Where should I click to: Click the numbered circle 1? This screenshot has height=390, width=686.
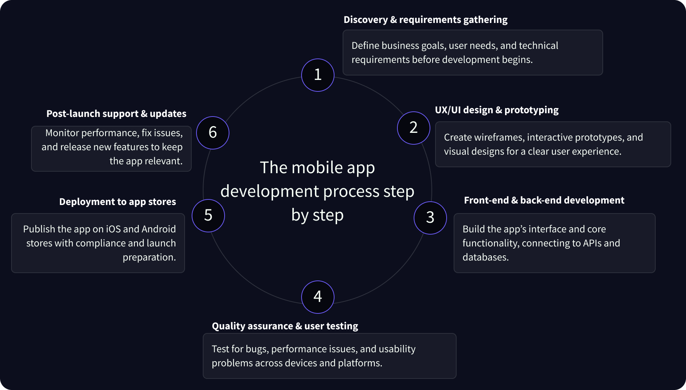click(x=318, y=75)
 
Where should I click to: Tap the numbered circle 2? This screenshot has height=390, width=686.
click(x=414, y=128)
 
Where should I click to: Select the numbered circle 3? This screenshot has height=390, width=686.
click(x=430, y=218)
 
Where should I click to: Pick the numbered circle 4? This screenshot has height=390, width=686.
click(x=318, y=297)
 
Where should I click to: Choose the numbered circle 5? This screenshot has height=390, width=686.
click(x=208, y=216)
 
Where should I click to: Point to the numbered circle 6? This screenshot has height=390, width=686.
click(x=213, y=133)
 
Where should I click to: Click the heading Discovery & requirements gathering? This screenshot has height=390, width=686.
click(x=426, y=20)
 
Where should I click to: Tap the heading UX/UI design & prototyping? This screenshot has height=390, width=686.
click(x=497, y=110)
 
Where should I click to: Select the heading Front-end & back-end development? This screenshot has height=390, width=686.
click(x=544, y=200)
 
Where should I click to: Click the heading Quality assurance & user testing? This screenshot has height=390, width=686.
click(x=285, y=326)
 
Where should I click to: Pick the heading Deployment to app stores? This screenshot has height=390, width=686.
click(x=118, y=202)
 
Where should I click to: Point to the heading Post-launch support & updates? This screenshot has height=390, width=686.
click(x=116, y=114)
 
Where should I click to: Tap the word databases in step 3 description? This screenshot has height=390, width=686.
click(x=485, y=257)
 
